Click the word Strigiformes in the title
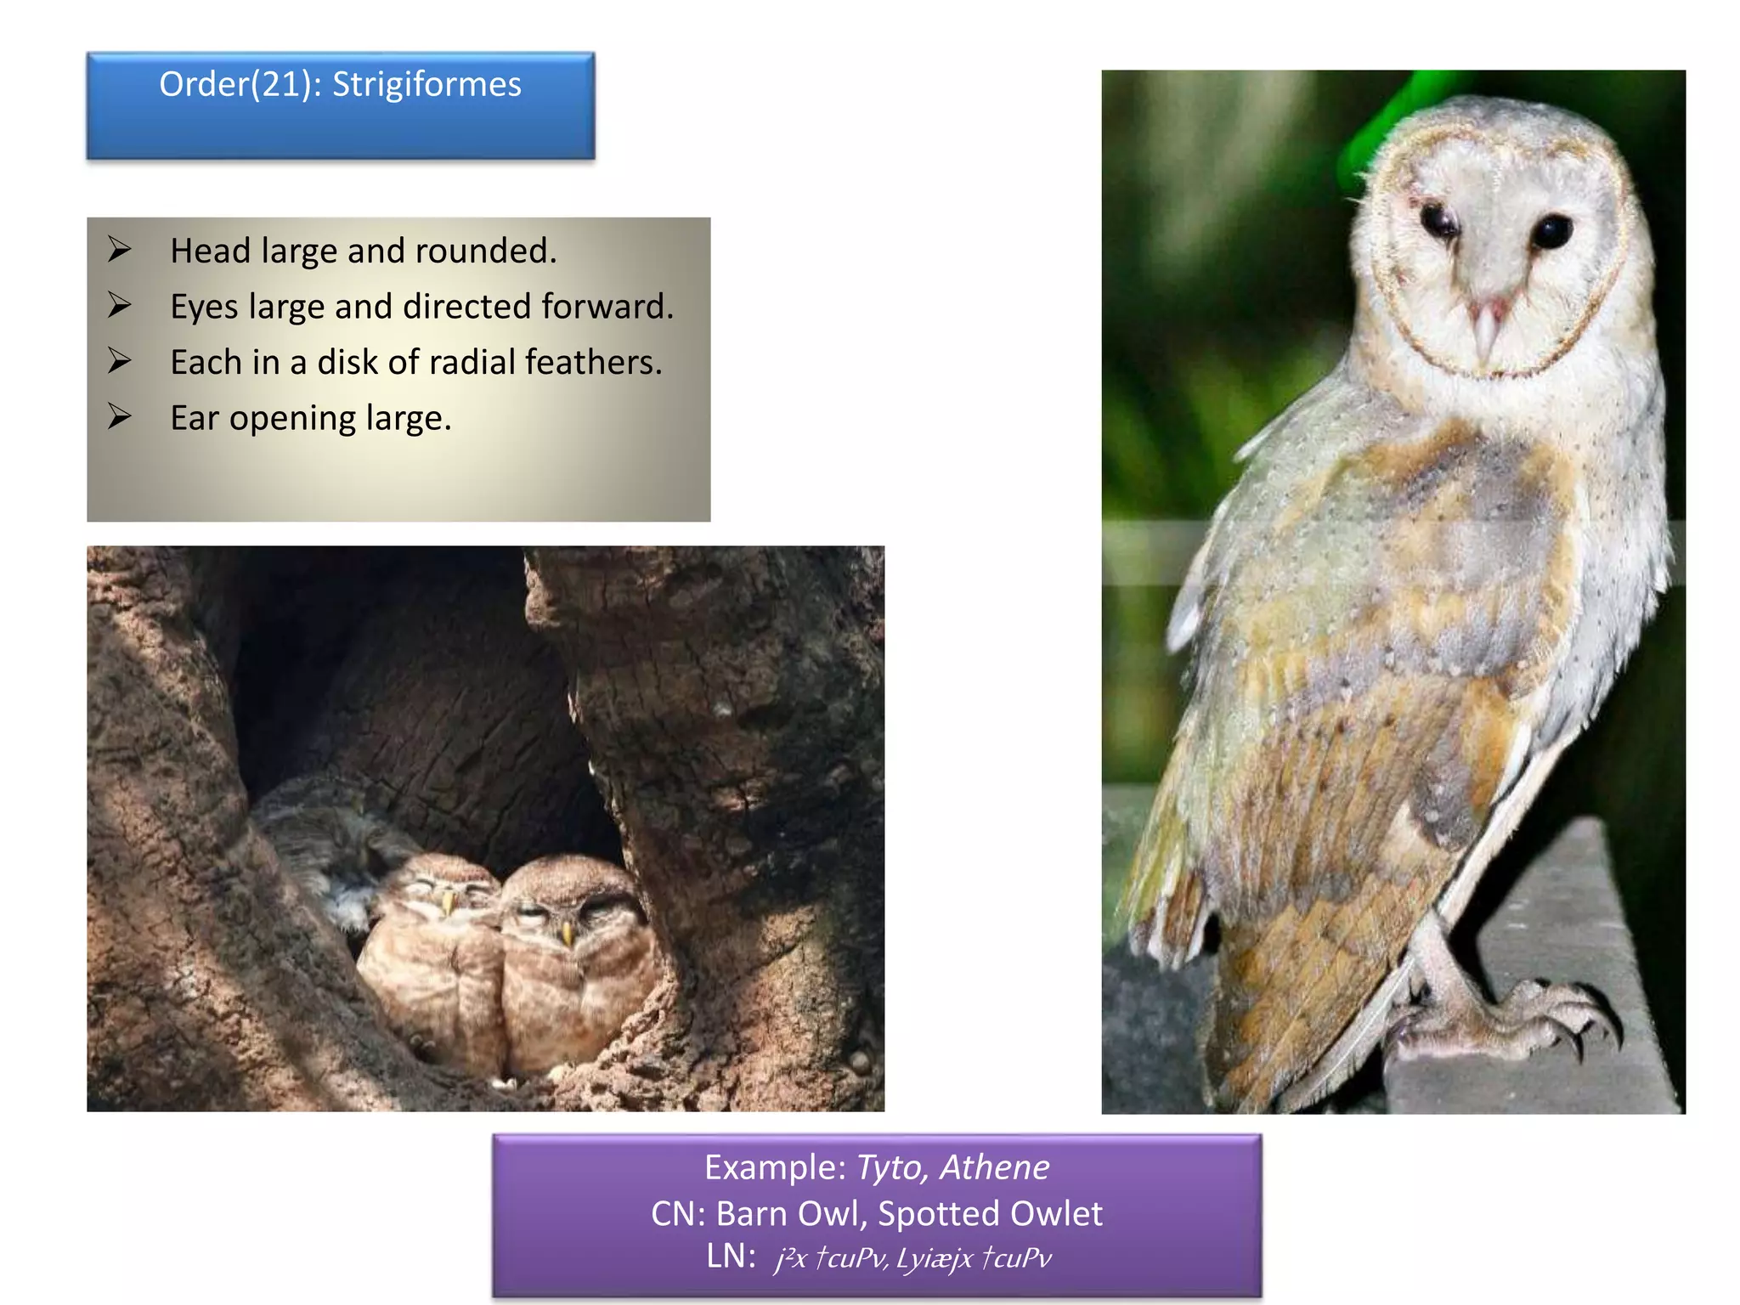tap(427, 85)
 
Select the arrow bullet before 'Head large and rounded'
tap(120, 250)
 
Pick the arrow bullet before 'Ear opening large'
tap(120, 416)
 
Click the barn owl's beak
tap(1486, 327)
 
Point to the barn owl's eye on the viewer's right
tap(1551, 231)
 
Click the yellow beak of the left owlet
tap(447, 902)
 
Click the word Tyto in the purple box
tap(891, 1168)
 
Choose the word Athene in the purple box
tap(994, 1168)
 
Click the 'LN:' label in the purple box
tap(731, 1257)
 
